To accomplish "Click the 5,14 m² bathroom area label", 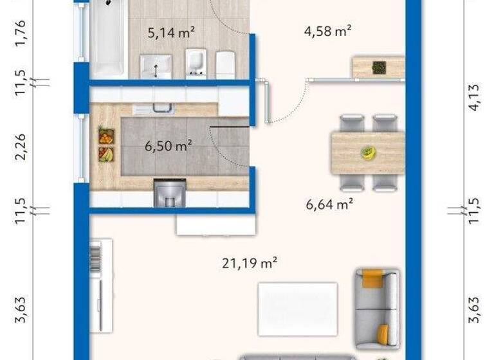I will (x=171, y=33).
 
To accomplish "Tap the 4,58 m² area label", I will (x=331, y=30).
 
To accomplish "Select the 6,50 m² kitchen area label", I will (x=169, y=146).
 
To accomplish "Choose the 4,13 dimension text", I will (x=475, y=98).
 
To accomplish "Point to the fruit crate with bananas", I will (x=105, y=154).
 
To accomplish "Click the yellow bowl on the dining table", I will (x=367, y=153).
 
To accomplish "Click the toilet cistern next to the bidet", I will (x=224, y=64).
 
